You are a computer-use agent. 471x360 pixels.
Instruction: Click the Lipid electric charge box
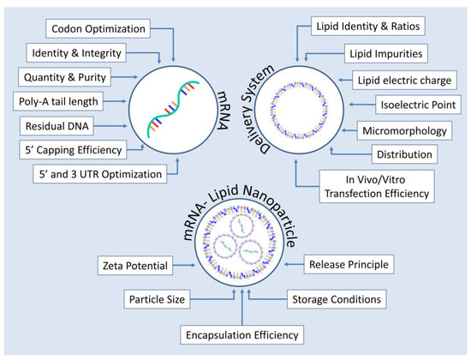(400, 81)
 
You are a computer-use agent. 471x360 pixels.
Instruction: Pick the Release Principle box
(345, 264)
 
